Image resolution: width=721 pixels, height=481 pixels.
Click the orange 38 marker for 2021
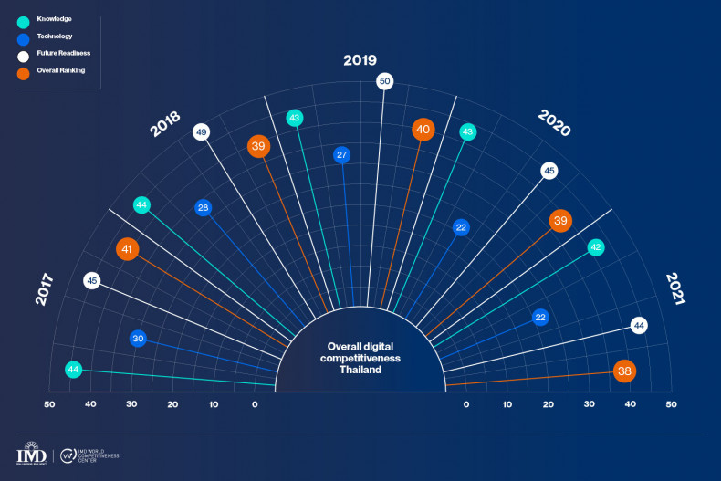625,371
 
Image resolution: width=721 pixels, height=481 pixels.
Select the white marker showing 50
385,81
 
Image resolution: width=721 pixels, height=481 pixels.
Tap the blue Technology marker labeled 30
138,338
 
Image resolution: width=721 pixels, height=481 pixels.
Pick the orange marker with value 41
128,247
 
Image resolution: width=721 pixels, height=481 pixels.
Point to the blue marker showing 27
341,154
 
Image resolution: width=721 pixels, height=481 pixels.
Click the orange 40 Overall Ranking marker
423,130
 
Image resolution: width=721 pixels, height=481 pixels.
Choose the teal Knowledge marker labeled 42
595,246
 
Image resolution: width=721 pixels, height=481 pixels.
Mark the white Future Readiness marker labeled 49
201,132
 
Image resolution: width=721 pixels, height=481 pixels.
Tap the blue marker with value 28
204,208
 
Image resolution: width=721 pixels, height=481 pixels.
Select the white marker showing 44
639,325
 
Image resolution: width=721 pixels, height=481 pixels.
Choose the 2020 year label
554,123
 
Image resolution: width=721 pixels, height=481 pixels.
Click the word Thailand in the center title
360,371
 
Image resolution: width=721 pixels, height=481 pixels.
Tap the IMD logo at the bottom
33,454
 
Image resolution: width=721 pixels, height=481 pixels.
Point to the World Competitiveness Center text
100,455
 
